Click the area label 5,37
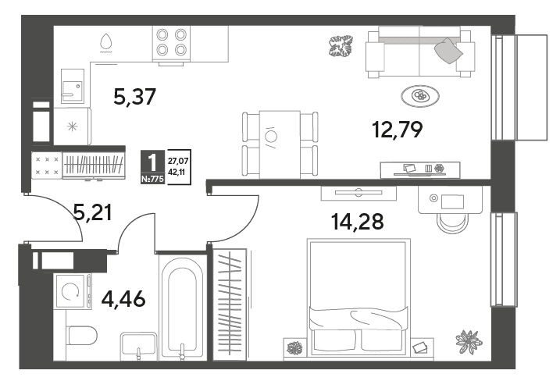[134, 97]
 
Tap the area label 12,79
[397, 130]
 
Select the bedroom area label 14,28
[358, 221]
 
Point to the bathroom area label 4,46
[123, 298]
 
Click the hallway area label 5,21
[92, 212]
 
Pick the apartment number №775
[152, 179]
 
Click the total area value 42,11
[177, 172]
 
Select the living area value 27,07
[178, 162]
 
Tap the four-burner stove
[171, 43]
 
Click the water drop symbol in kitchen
[105, 42]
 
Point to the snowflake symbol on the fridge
[72, 126]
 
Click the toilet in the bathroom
[82, 335]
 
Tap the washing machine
[73, 291]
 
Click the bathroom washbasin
[138, 345]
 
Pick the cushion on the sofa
[448, 50]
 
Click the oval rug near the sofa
[419, 95]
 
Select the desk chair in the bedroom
[452, 223]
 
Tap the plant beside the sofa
[341, 46]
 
